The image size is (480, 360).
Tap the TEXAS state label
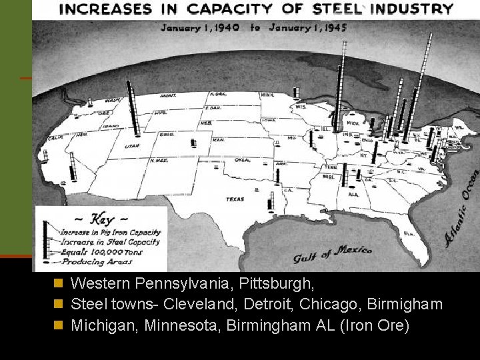235,199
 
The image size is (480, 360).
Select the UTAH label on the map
133,146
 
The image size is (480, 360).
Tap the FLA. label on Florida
407,233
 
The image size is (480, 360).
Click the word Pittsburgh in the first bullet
281,283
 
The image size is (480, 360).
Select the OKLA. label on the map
242,160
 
